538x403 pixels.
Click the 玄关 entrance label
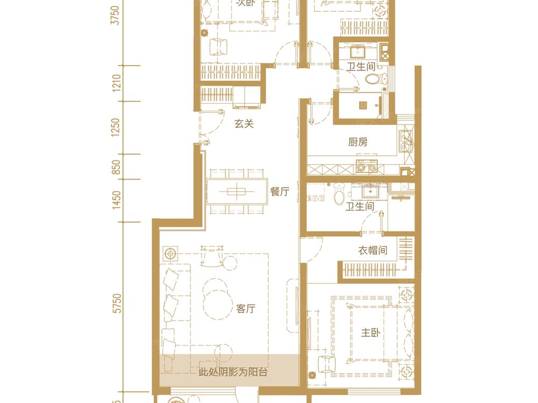click(x=244, y=124)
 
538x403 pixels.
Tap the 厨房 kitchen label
click(x=358, y=142)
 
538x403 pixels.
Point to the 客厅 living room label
click(x=245, y=309)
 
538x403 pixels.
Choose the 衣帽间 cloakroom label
click(x=373, y=250)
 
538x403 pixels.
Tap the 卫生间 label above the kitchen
click(x=360, y=67)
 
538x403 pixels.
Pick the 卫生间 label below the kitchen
click(x=360, y=206)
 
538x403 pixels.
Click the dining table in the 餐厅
click(x=237, y=191)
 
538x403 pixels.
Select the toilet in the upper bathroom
click(x=374, y=81)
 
